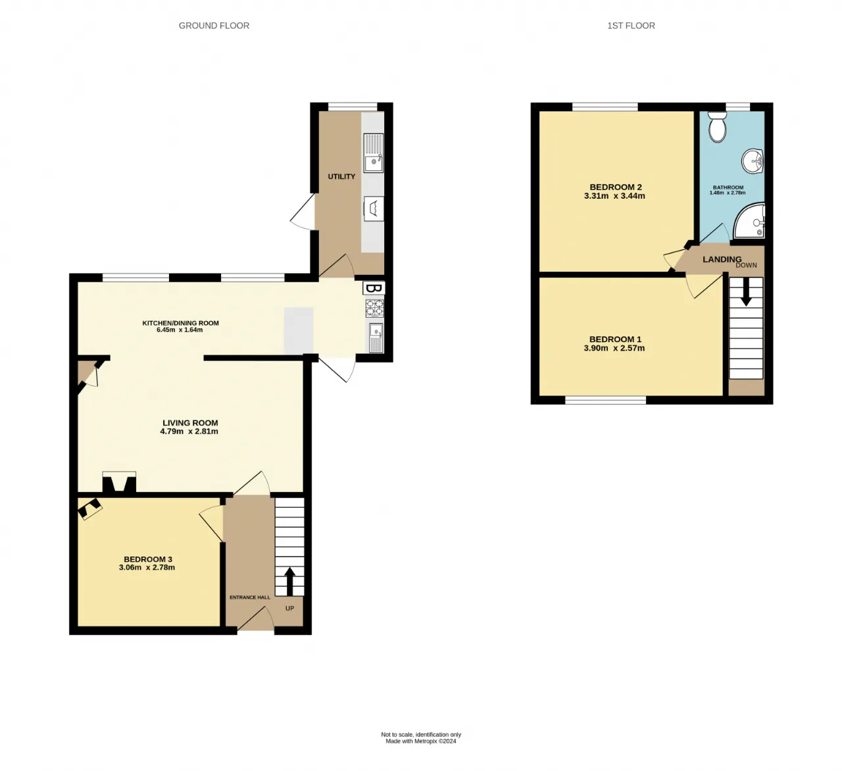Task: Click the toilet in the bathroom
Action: tap(716, 126)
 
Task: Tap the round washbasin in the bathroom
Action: tap(753, 161)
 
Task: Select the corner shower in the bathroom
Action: tap(749, 221)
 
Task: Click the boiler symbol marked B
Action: tap(374, 288)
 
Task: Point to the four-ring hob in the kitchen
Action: tap(374, 307)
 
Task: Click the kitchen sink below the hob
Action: tap(376, 338)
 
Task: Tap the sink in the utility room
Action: tap(373, 153)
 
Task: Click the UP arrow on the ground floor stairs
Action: tap(289, 582)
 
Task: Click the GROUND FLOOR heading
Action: tap(214, 26)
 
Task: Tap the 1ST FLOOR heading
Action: tap(631, 26)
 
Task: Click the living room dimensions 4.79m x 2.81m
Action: tap(189, 432)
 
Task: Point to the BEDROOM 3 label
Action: tap(148, 559)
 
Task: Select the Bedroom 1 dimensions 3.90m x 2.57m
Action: tap(614, 348)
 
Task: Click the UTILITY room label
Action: tap(341, 177)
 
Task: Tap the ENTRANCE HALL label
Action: tap(250, 597)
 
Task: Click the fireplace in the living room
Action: tap(119, 482)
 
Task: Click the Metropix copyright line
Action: tap(420, 741)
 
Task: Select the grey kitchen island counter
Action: tap(299, 330)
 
